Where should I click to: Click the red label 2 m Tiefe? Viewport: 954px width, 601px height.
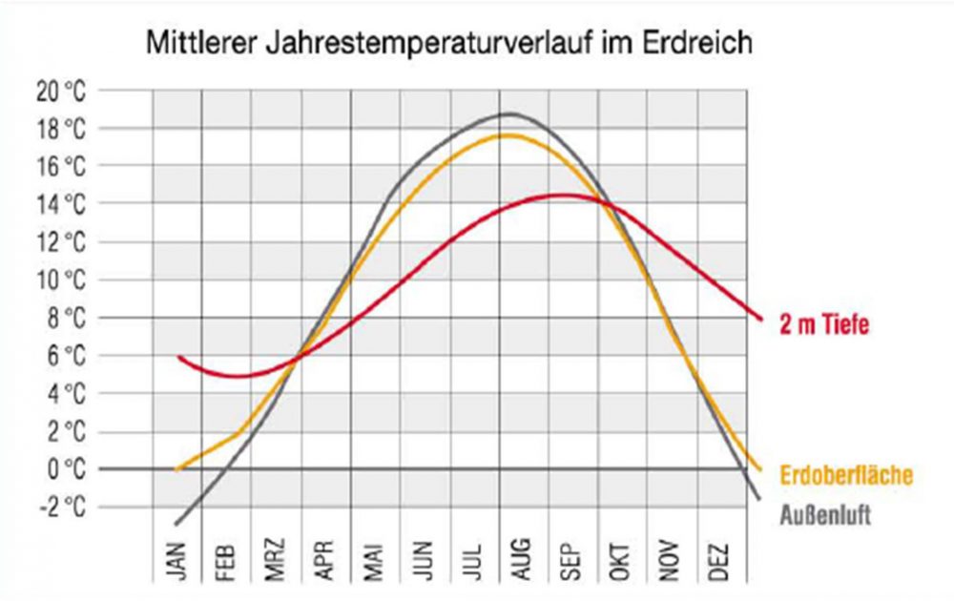coord(822,325)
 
